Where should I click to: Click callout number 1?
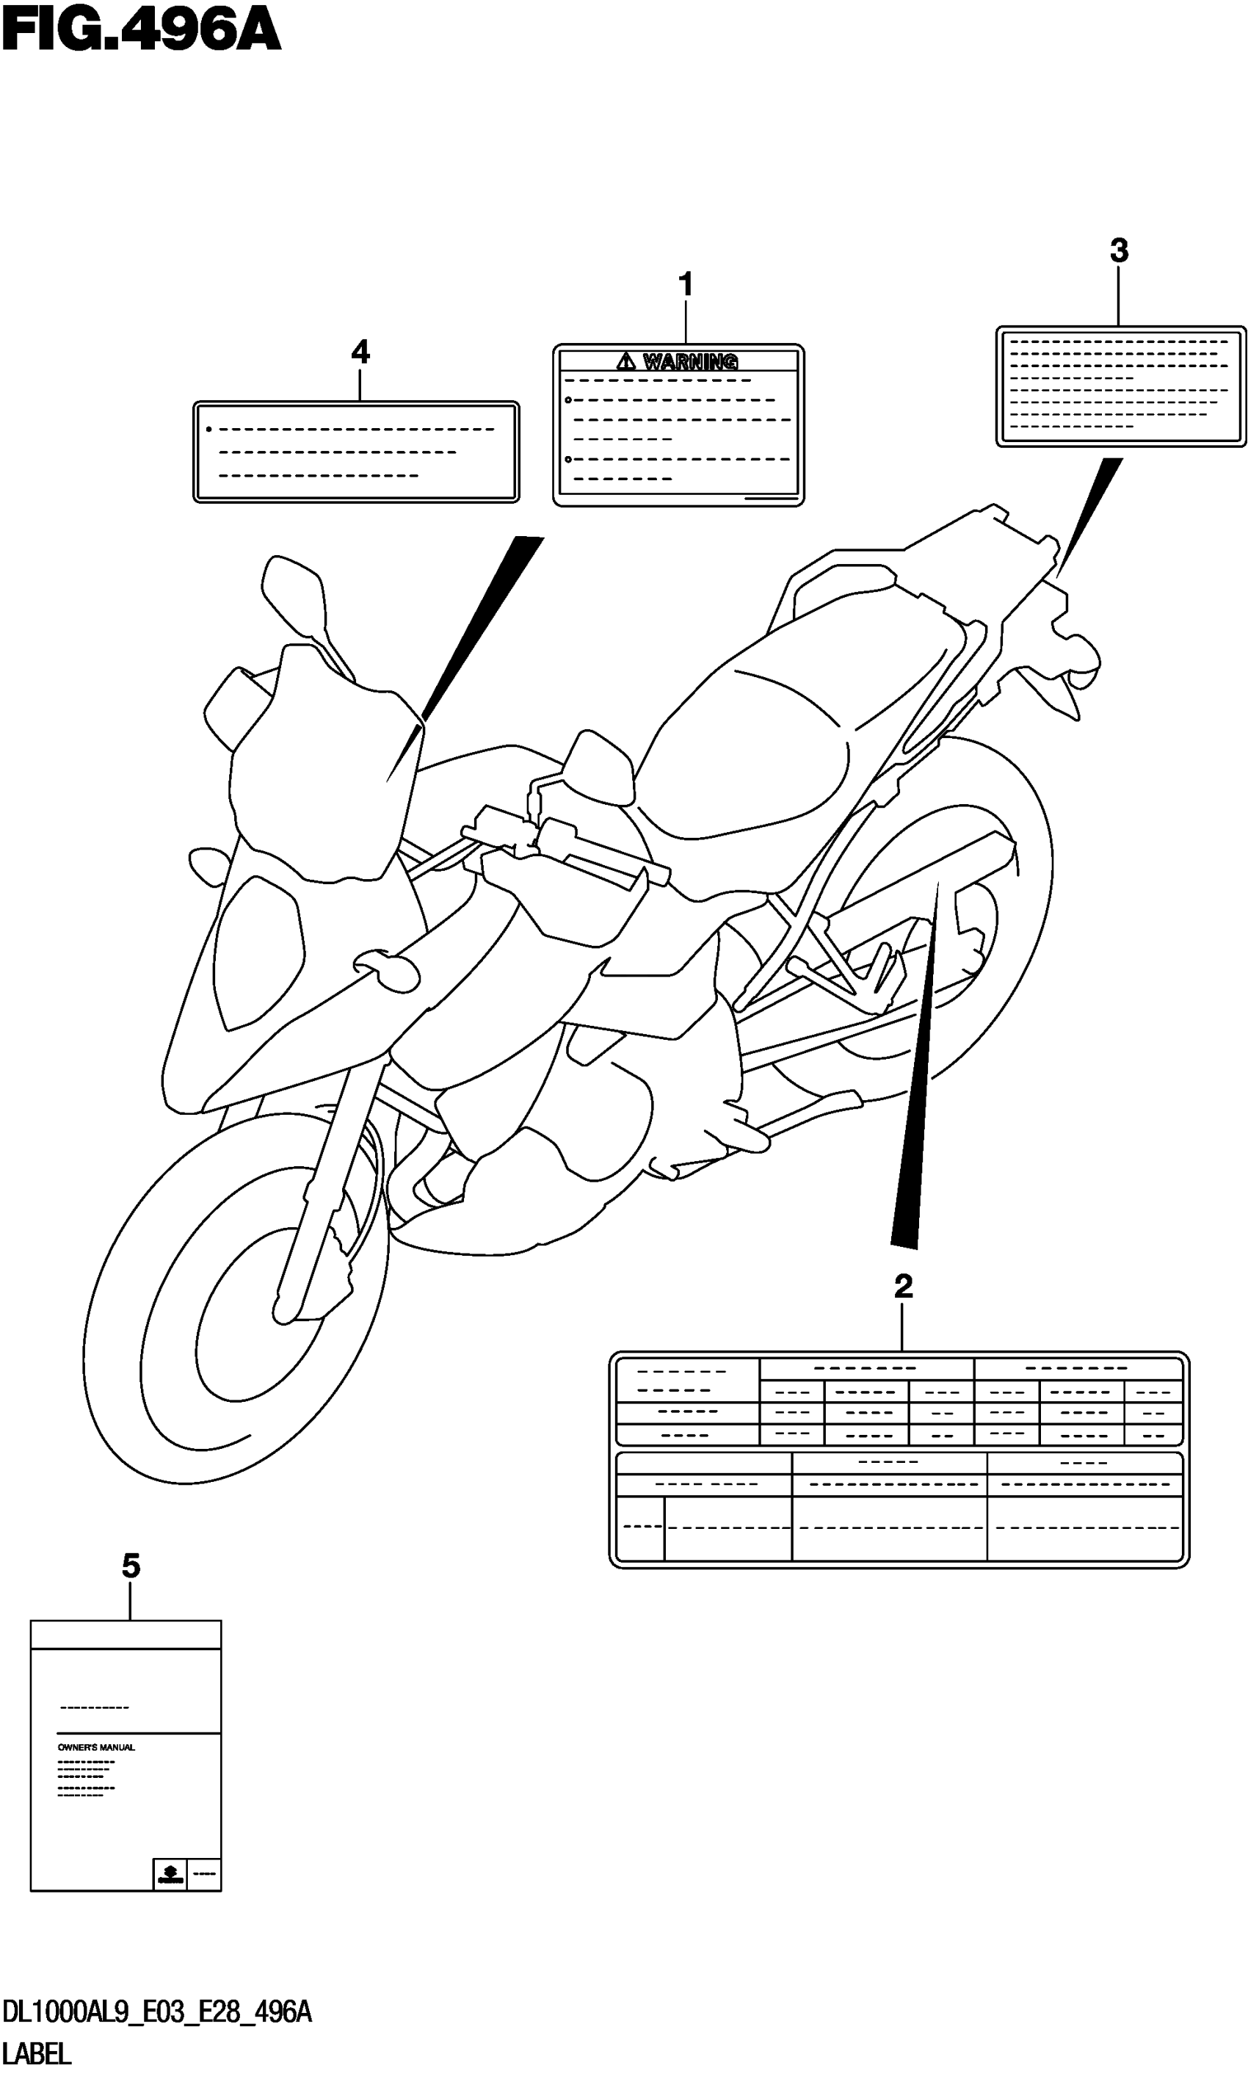pyautogui.click(x=686, y=284)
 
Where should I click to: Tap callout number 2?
pyautogui.click(x=903, y=1286)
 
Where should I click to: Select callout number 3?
pyautogui.click(x=1119, y=250)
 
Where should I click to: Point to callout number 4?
pyautogui.click(x=360, y=352)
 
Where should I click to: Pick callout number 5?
pyautogui.click(x=131, y=1566)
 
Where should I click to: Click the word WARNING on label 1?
pyautogui.click(x=690, y=361)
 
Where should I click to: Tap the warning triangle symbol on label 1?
pyautogui.click(x=625, y=361)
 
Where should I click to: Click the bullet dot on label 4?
pyautogui.click(x=208, y=430)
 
